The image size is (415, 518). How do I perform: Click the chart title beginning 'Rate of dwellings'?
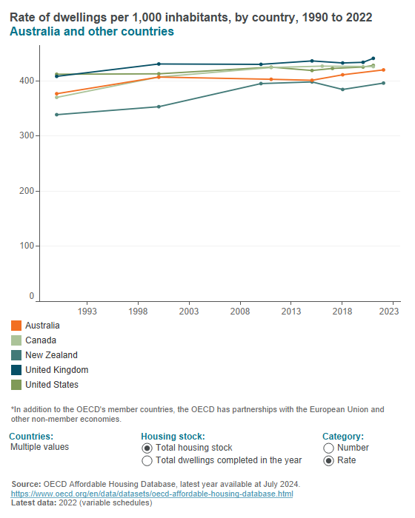coord(191,17)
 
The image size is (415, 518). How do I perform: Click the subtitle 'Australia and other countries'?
coord(92,32)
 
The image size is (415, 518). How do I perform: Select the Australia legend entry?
coord(42,326)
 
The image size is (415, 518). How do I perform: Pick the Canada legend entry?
coord(41,340)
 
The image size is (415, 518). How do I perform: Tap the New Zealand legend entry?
coord(50,355)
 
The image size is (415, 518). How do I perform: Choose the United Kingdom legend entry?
coord(56,370)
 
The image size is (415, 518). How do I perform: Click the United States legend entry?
coord(51,385)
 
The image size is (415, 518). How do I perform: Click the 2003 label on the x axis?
coord(189,312)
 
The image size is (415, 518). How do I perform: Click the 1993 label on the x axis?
coord(87,312)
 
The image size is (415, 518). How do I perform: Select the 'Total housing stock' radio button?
coord(147,448)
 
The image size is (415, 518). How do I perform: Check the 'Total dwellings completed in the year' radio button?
coord(147,460)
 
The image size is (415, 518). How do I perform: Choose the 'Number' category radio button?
coord(329,448)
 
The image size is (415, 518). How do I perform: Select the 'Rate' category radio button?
coord(329,460)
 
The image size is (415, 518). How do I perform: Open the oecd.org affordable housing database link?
coord(151,494)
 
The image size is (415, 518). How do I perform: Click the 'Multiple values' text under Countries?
coord(39,448)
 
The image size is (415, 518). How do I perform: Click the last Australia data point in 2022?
coord(383,70)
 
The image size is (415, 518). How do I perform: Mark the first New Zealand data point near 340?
coord(57,115)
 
